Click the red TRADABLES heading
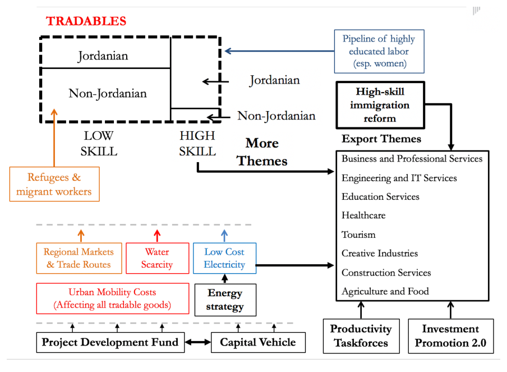point(86,21)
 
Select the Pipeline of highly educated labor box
point(379,52)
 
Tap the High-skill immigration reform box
point(380,105)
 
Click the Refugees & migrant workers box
point(54,184)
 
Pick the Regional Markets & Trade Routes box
point(79,258)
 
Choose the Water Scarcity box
point(157,258)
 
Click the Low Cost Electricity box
point(224,258)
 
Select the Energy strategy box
point(225,300)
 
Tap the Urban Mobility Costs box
point(113,298)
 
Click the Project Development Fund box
point(110,342)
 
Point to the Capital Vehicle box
point(258,342)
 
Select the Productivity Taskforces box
point(361,336)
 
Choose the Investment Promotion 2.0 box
point(451,336)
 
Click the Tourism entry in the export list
point(358,235)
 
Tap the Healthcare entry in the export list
point(363,215)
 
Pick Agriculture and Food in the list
point(385,291)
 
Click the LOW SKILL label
point(99,143)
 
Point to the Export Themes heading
point(381,139)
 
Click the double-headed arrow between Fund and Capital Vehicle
point(198,342)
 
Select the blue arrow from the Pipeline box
point(279,51)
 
